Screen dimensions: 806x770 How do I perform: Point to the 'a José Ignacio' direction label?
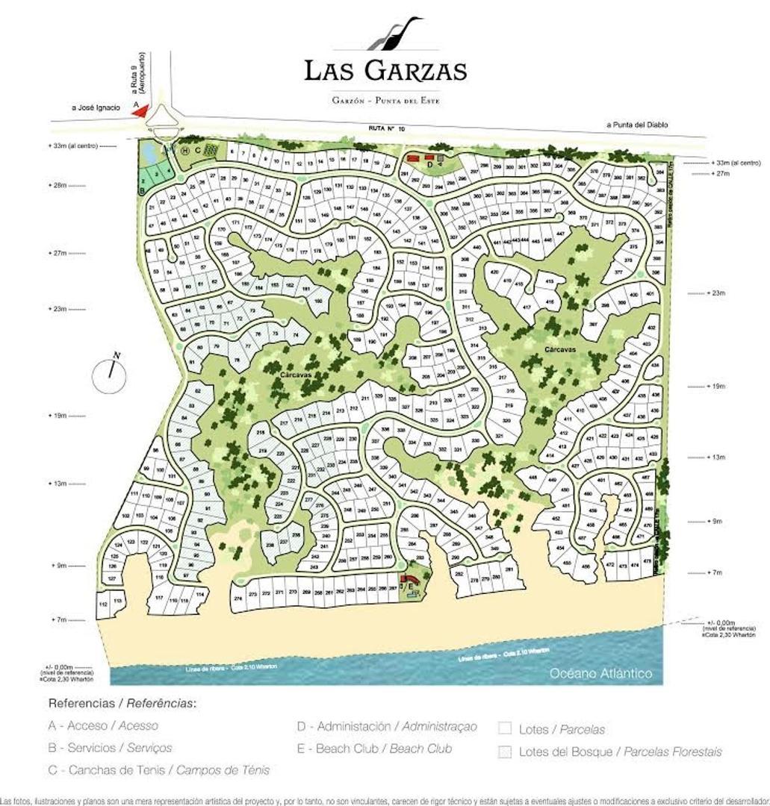pos(96,107)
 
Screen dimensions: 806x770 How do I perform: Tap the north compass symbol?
pos(112,372)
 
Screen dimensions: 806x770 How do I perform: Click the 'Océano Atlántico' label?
pos(600,673)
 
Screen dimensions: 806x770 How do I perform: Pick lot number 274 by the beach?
pos(239,599)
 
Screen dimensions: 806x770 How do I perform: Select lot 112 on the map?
pos(104,602)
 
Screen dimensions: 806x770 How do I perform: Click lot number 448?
pos(533,478)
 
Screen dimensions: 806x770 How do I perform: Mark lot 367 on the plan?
pos(592,325)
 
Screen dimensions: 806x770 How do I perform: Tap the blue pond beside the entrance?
pos(149,154)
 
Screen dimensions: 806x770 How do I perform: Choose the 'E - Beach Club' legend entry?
pos(374,748)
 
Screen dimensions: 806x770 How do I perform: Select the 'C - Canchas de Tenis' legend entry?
pos(159,769)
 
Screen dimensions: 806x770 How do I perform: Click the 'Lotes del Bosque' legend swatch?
pos(506,752)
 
